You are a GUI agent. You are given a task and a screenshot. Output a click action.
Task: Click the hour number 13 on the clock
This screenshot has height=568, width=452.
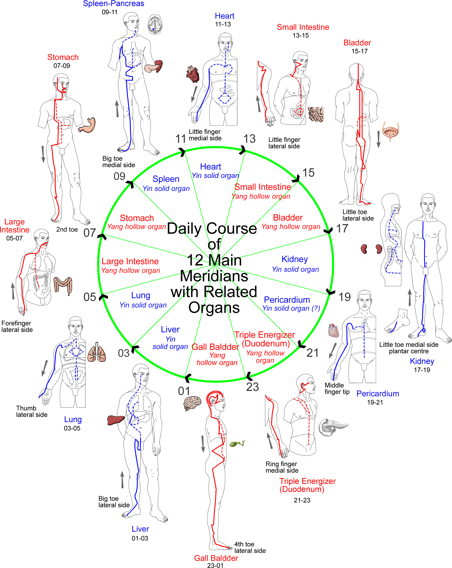[x=249, y=139]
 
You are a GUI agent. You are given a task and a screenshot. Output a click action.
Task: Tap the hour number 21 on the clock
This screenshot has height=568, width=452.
[x=313, y=353]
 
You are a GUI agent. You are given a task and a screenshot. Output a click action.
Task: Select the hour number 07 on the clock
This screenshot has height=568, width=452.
[x=90, y=233]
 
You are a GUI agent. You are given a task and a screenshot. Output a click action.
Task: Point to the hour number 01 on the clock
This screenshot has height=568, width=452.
[x=184, y=391]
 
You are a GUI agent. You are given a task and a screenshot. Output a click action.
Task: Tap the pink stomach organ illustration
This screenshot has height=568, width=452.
[x=87, y=125]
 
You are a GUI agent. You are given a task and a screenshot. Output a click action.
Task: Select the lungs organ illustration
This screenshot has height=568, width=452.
[x=97, y=352]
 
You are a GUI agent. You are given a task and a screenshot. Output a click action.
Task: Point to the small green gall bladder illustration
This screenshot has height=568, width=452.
[x=237, y=444]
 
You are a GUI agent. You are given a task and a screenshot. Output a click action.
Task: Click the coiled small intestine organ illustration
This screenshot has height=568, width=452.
[x=316, y=114]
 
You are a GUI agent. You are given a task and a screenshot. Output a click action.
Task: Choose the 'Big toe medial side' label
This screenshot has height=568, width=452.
[x=118, y=162]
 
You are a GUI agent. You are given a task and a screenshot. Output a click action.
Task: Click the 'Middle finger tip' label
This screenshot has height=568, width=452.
[x=337, y=389]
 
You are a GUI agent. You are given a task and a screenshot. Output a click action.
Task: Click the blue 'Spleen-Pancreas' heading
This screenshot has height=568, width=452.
[x=113, y=4]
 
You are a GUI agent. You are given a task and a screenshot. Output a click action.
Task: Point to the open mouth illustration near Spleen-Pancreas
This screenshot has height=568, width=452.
[x=155, y=24]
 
